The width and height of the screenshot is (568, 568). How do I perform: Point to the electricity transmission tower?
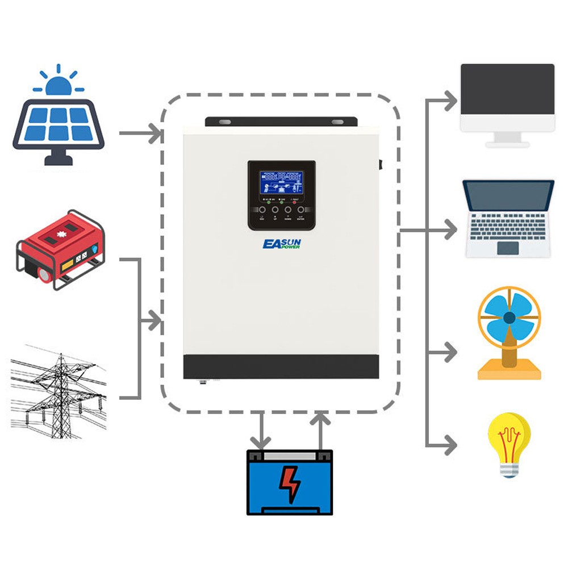(59, 392)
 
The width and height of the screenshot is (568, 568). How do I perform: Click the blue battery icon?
(290, 483)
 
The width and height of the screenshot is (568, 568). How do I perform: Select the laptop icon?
(508, 219)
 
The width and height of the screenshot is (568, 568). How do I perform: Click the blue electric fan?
(509, 318)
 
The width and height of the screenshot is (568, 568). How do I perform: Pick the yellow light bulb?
(509, 443)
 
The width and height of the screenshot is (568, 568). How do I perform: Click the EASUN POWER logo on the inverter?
(282, 245)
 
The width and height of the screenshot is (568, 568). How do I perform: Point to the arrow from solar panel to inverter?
(141, 134)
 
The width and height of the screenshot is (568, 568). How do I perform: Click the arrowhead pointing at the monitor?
(450, 101)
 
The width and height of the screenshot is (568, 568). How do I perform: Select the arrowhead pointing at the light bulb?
(450, 445)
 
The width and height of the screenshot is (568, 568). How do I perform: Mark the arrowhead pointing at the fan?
(450, 352)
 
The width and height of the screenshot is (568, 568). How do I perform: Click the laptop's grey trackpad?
(508, 248)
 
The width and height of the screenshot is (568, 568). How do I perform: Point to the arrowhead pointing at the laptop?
(450, 231)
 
